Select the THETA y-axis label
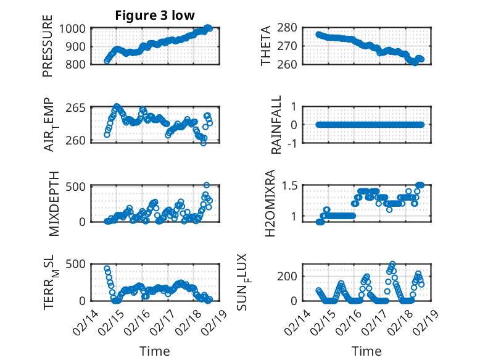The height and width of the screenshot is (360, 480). point(266,46)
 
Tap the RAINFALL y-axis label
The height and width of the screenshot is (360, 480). point(276,125)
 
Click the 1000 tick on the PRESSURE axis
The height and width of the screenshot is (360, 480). point(76,28)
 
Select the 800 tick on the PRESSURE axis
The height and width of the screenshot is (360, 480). point(79,64)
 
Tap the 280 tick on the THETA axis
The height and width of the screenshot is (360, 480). point(291,28)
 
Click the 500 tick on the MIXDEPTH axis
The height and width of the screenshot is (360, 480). point(79,186)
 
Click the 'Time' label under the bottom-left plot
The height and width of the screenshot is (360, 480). point(154,351)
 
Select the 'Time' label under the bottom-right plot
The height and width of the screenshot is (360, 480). point(366,351)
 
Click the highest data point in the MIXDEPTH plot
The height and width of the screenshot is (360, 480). point(207,185)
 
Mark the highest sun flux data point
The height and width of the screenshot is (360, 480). point(392,264)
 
